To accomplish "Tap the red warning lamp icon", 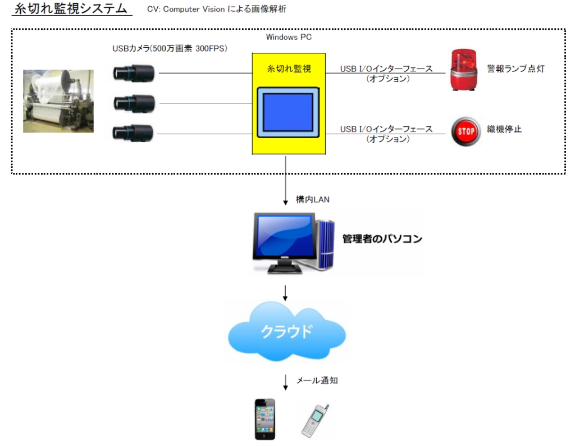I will click(463, 70).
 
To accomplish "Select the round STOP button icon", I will click(467, 131).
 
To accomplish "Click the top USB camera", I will click(134, 72).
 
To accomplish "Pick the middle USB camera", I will click(134, 102).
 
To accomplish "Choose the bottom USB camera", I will click(134, 133).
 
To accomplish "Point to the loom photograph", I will click(58, 101).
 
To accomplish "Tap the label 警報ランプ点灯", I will click(515, 69).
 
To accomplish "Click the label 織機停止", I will click(505, 130).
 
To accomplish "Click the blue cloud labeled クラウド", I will click(286, 331).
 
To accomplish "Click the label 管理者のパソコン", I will click(382, 239).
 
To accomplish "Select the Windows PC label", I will click(289, 37).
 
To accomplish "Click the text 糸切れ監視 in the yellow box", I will click(289, 69).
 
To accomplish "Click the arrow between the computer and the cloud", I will click(286, 292).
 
